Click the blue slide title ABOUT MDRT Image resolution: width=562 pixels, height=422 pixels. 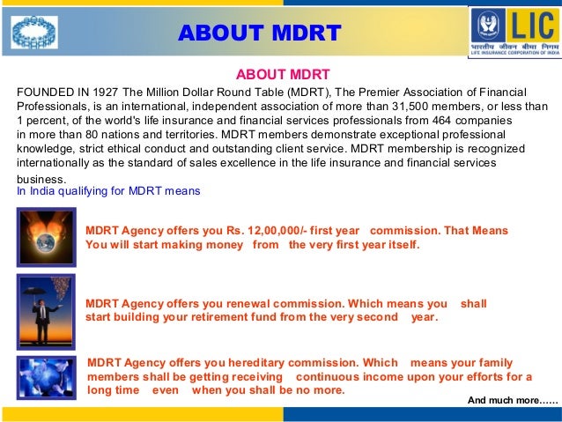(259, 33)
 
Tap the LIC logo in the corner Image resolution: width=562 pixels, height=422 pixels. (514, 32)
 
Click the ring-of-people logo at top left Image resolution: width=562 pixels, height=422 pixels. (34, 33)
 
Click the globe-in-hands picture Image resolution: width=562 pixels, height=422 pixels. (44, 233)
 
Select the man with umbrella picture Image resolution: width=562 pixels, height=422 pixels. (44, 302)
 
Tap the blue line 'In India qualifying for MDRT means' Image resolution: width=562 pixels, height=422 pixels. (109, 191)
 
